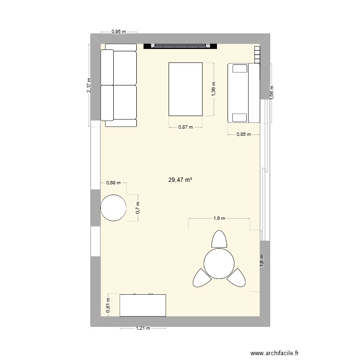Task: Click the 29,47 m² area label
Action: click(180, 180)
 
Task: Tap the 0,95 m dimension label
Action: click(119, 32)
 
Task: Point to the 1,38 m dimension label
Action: click(214, 89)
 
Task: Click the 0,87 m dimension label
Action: click(185, 127)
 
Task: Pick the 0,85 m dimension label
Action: click(243, 134)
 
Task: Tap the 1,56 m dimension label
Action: click(271, 92)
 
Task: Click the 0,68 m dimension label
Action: click(114, 182)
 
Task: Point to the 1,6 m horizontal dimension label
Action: click(219, 218)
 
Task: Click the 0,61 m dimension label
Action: click(108, 305)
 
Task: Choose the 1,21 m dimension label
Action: click(143, 329)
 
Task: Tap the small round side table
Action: click(114, 208)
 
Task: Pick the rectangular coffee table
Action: click(185, 89)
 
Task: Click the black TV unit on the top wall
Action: click(181, 46)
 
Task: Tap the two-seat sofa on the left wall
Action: click(119, 85)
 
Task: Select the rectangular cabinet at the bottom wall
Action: click(143, 305)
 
